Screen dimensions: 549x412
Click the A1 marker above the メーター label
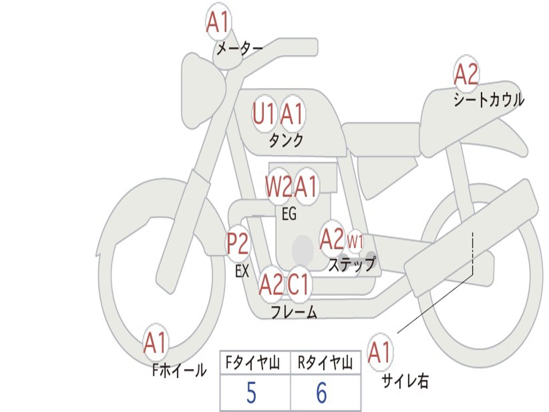218,23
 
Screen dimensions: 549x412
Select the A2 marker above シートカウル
466,75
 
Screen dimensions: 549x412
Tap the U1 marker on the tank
264,114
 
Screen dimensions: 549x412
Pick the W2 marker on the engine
279,187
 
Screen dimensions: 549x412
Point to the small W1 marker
355,241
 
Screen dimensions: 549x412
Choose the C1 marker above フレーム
299,284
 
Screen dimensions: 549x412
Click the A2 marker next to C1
271,284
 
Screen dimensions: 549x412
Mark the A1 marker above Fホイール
155,343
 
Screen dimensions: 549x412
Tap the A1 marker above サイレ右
380,352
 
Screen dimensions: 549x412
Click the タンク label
286,141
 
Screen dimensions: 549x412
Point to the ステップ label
352,264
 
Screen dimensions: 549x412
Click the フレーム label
294,312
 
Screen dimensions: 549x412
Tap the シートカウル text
488,100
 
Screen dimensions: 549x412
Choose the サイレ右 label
405,381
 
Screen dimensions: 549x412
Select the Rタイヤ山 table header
325,364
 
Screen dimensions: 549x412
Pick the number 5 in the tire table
251,394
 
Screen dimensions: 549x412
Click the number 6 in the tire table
321,394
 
